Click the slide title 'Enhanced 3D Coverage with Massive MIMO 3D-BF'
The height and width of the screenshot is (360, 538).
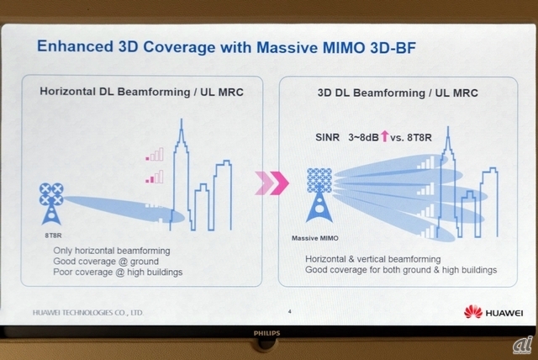226,47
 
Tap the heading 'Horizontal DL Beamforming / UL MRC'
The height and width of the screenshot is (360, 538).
142,92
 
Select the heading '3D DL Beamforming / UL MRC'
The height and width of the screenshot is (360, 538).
398,93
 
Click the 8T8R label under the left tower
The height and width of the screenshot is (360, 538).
53,236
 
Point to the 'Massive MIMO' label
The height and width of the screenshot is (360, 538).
315,238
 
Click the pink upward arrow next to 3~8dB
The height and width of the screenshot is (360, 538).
385,136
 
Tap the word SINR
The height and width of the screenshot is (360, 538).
327,138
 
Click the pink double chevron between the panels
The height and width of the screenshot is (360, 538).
272,183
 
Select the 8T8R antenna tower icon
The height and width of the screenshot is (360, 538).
51,204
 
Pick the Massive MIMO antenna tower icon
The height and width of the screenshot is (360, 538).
319,195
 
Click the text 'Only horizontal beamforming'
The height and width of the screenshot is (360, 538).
112,251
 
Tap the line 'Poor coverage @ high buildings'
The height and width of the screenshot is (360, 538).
118,273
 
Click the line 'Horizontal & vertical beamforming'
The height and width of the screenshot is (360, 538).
373,259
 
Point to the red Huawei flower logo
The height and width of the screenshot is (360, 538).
473,311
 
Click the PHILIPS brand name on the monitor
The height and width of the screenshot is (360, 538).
267,333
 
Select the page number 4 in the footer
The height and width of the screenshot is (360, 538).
290,311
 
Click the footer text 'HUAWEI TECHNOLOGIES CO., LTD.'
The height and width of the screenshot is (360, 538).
88,313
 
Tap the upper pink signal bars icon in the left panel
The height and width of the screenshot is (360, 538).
155,155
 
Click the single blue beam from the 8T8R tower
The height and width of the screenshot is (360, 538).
124,209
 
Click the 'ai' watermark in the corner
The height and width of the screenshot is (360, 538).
523,345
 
